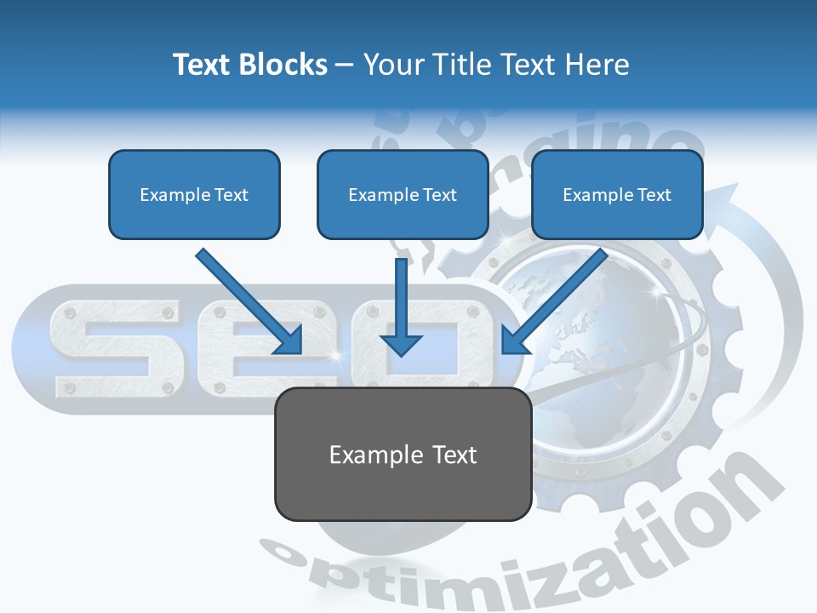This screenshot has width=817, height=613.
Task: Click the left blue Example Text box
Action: [194, 194]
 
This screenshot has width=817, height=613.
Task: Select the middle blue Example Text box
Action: [403, 194]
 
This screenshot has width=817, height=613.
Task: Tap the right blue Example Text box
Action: [617, 194]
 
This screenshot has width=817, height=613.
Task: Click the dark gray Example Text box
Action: [403, 454]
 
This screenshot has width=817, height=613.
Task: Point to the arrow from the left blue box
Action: [247, 298]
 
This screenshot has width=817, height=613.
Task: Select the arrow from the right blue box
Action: [557, 298]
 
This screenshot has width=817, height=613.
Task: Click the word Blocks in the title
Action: [284, 65]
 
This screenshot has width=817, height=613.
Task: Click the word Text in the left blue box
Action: [231, 195]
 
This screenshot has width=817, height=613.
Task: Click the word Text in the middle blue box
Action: [440, 195]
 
